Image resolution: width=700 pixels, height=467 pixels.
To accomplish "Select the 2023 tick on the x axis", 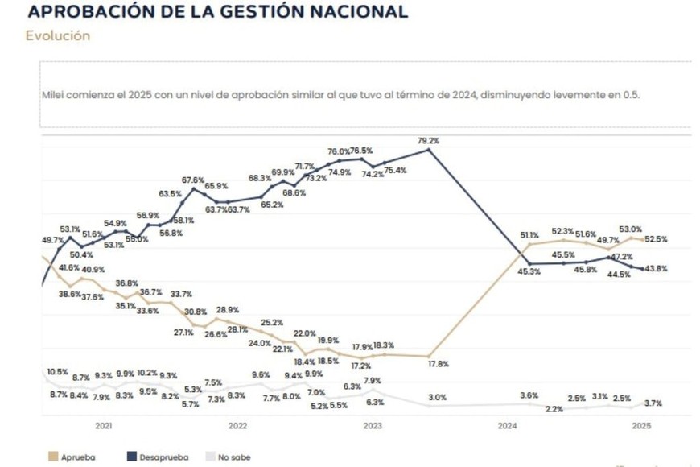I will (372, 426).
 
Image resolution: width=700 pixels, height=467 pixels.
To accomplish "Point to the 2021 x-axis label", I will (103, 426).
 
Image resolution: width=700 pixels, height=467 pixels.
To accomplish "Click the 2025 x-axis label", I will (641, 426).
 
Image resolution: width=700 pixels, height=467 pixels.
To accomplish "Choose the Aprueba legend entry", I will (78, 457).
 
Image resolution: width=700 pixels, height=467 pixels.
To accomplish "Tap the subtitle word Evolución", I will (57, 36).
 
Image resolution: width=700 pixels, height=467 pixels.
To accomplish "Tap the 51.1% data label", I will (529, 235).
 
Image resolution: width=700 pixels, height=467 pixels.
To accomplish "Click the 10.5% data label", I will (57, 372).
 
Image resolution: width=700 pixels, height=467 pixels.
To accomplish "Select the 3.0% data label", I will (437, 398).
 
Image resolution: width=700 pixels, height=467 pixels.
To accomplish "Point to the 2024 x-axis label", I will (507, 426).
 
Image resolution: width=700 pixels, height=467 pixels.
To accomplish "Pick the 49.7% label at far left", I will (53, 240).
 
